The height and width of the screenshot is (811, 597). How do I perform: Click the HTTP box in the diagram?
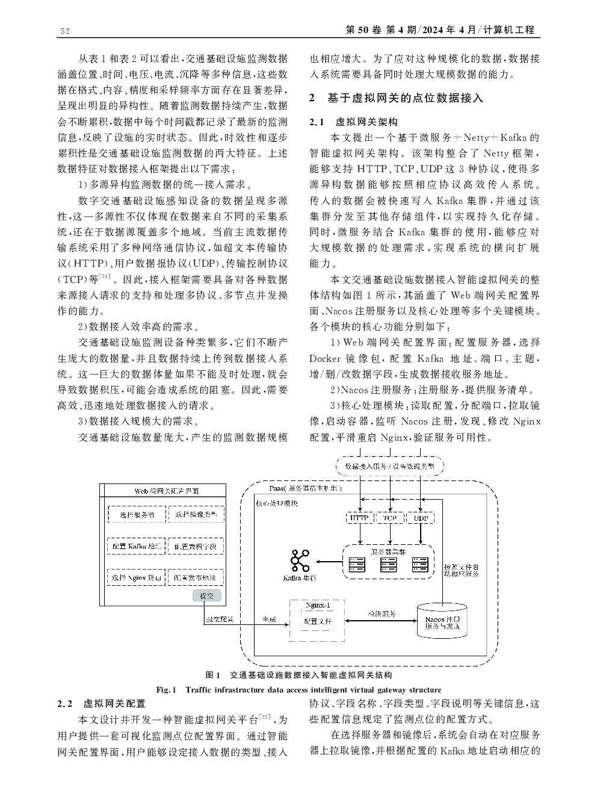[359, 518]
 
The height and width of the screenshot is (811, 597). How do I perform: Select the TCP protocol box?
[390, 518]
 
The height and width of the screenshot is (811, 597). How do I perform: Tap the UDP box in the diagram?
[421, 518]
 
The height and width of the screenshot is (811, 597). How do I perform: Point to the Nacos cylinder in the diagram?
[442, 622]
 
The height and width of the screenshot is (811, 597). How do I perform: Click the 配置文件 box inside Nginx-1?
[317, 621]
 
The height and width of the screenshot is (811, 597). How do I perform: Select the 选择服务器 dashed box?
[137, 515]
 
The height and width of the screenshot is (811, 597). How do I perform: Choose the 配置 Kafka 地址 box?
[137, 546]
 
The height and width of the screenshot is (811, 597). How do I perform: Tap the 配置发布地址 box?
[195, 577]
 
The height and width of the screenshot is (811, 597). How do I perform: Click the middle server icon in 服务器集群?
[388, 564]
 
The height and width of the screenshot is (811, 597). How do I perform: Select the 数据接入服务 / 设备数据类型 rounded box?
[389, 467]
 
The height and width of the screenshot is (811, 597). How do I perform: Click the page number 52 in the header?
[66, 31]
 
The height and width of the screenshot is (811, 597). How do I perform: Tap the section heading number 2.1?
[317, 122]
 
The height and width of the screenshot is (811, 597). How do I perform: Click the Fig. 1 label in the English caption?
[165, 689]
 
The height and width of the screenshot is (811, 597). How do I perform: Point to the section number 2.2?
[65, 703]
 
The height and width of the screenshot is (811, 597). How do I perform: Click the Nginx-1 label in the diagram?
[317, 604]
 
